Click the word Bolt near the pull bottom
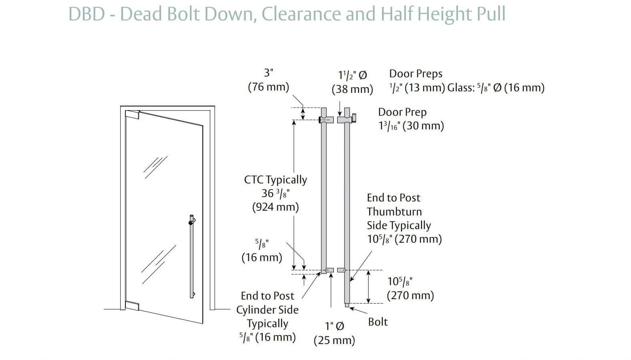tap(378, 322)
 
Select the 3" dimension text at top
tap(268, 73)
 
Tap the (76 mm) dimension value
tap(268, 87)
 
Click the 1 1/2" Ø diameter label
tap(353, 75)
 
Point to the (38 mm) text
tap(352, 89)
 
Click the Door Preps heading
tap(416, 74)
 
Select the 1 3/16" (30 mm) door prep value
tap(411, 126)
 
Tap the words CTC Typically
tap(276, 180)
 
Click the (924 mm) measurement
tap(276, 207)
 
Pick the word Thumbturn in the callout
tap(394, 211)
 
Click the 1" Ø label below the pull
tap(334, 326)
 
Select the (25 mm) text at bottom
tap(334, 340)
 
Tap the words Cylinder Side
tap(267, 310)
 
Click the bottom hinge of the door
tap(133, 306)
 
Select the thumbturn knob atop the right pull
tap(354, 119)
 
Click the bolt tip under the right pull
tap(347, 306)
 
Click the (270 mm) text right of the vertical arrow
tap(410, 296)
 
